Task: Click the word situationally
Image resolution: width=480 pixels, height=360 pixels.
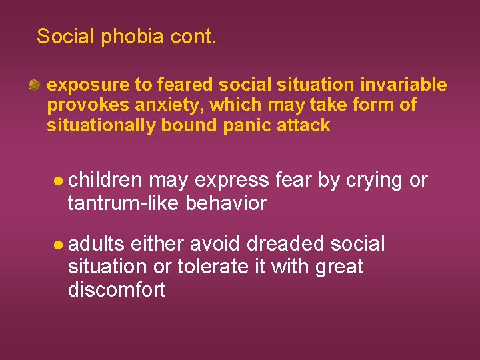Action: tap(101, 125)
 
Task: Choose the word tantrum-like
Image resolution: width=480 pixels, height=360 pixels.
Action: tap(125, 203)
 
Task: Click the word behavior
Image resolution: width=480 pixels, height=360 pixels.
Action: tap(227, 203)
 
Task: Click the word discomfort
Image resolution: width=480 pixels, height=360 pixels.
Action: tap(117, 290)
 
